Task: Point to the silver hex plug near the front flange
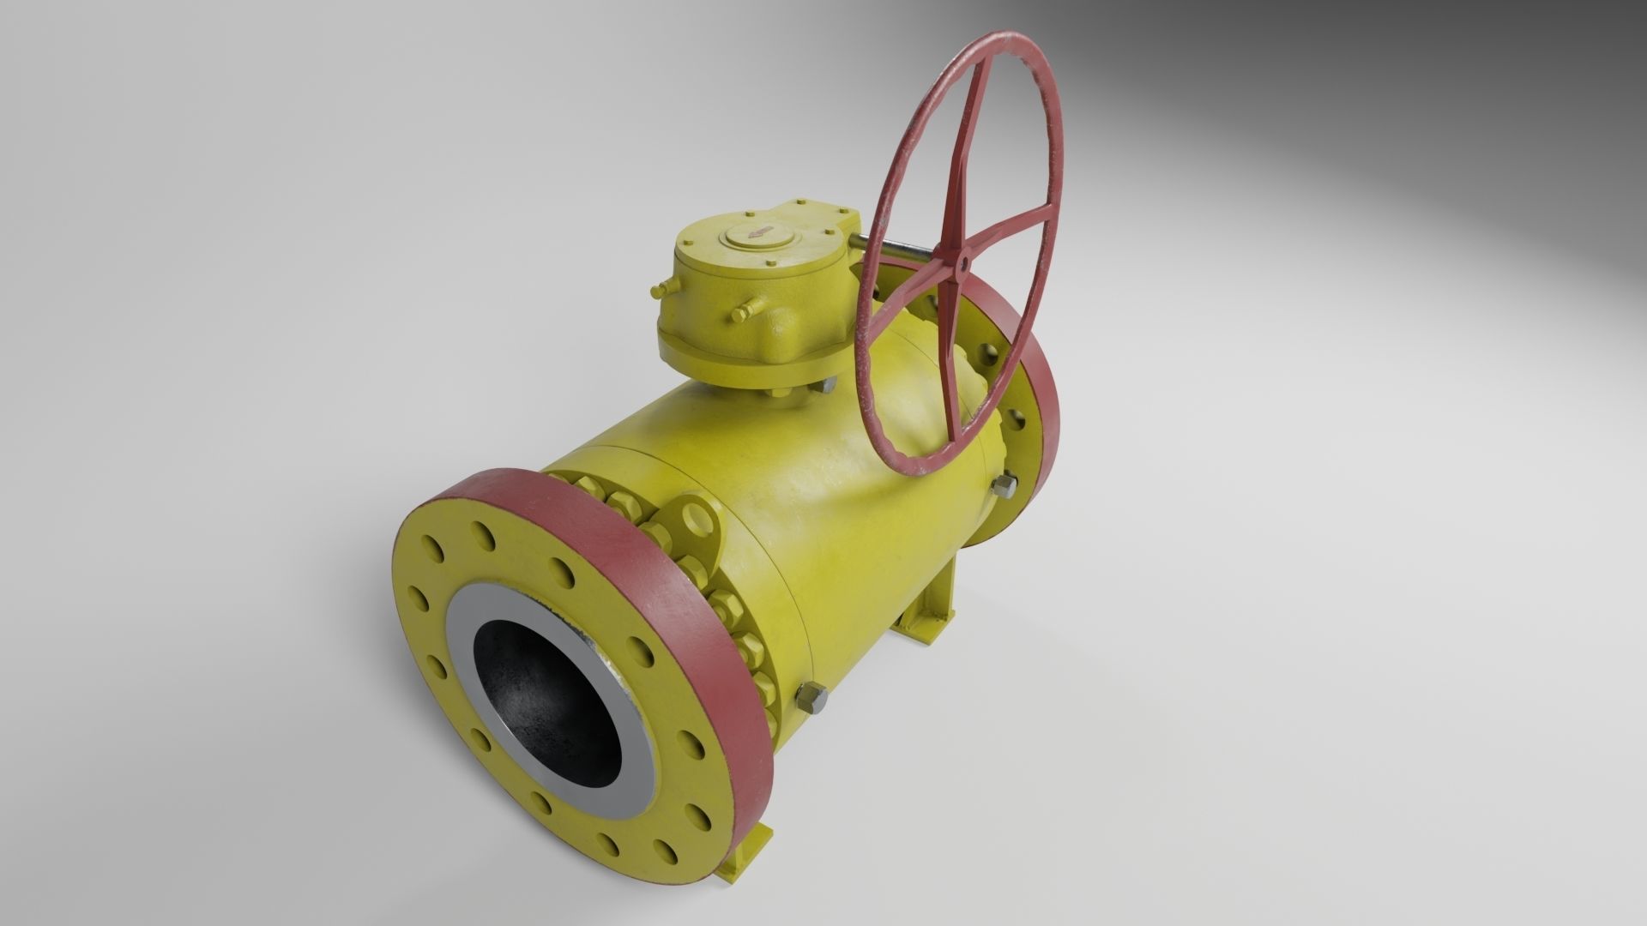tap(811, 699)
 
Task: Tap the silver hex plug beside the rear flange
tap(1004, 487)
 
